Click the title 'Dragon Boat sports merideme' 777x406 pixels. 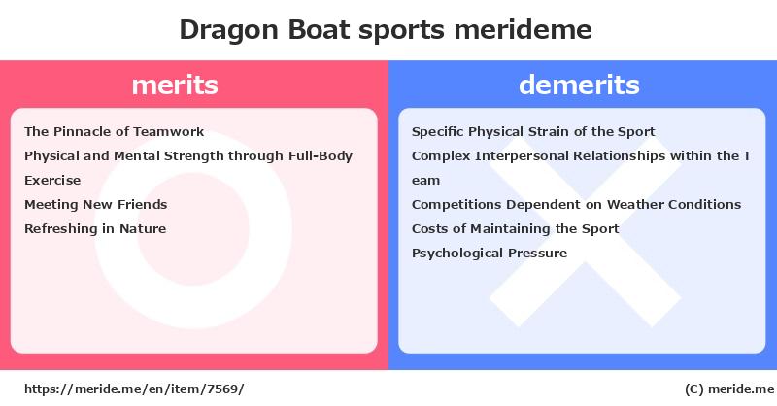pyautogui.click(x=386, y=30)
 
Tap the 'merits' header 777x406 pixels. pyautogui.click(x=175, y=85)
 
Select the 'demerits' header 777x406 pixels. pyautogui.click(x=579, y=85)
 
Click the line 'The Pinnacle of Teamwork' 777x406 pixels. pyautogui.click(x=114, y=132)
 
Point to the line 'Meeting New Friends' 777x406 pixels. pyautogui.click(x=95, y=205)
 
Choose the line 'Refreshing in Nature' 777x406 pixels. pyautogui.click(x=95, y=229)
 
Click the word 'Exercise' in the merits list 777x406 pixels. pyautogui.click(x=52, y=181)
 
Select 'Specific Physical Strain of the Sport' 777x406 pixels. pyautogui.click(x=533, y=132)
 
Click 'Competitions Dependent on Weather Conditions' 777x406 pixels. pyautogui.click(x=576, y=205)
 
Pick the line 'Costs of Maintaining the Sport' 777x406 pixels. pyautogui.click(x=515, y=229)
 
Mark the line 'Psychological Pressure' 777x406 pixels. pyautogui.click(x=490, y=254)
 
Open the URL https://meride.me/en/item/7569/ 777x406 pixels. pyautogui.click(x=133, y=389)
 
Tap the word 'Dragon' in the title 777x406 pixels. pyautogui.click(x=225, y=30)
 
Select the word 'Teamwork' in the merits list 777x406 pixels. pyautogui.click(x=170, y=132)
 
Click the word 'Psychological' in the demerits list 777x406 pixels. pyautogui.click(x=457, y=254)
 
